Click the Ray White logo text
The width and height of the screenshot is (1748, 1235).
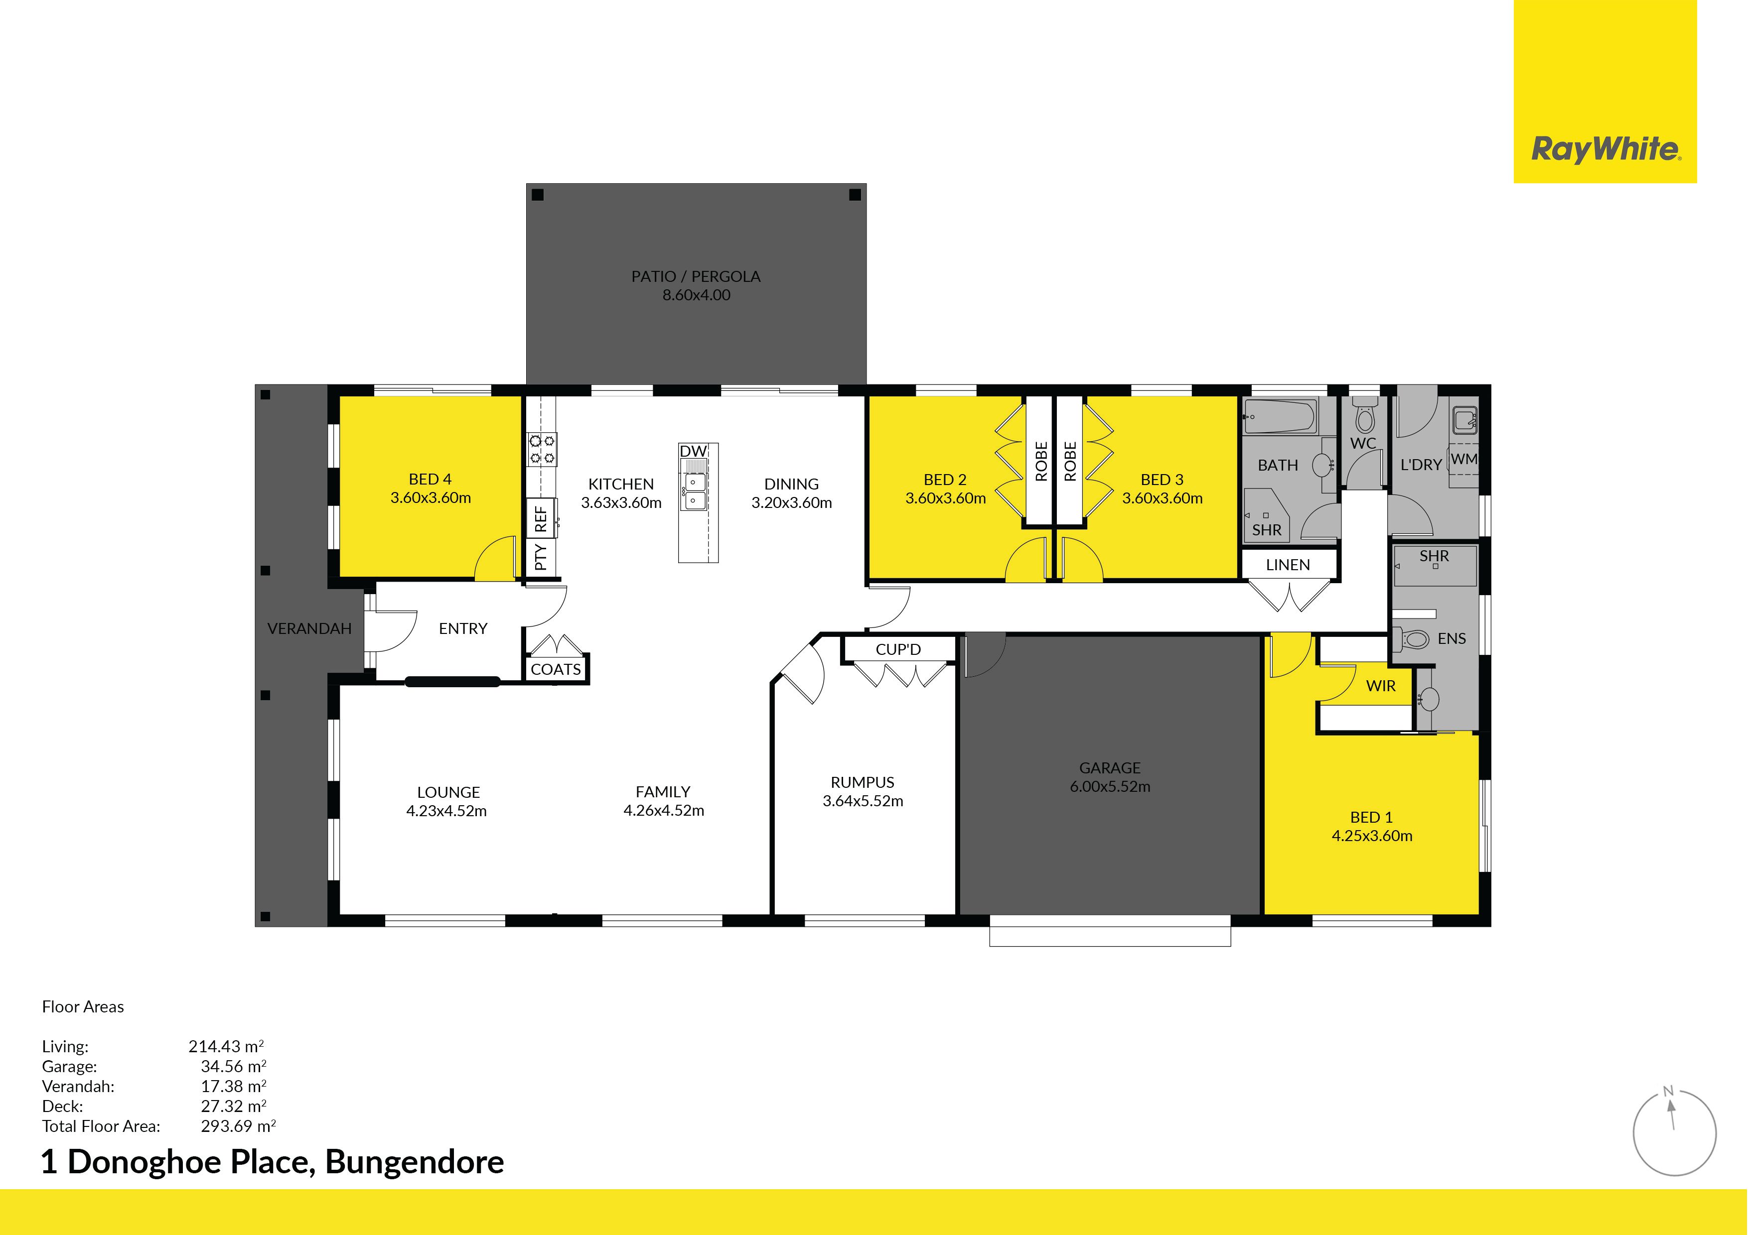[x=1605, y=149]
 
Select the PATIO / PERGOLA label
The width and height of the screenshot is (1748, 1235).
[x=696, y=276]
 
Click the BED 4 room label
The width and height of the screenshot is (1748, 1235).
[x=430, y=480]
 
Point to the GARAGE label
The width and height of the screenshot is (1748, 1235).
[x=1110, y=768]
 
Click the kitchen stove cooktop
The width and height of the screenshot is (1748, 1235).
[x=542, y=449]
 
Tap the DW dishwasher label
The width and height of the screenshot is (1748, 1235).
[x=693, y=451]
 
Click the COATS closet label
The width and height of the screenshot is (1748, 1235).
[x=556, y=670]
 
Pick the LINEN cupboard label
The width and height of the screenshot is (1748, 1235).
[x=1288, y=565]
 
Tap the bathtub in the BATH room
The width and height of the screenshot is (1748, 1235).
[x=1280, y=417]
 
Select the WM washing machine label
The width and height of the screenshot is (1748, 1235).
[x=1464, y=459]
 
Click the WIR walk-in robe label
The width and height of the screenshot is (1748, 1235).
[x=1381, y=686]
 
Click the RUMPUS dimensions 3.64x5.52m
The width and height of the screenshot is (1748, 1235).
[x=863, y=800]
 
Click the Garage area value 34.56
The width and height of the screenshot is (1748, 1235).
[x=233, y=1067]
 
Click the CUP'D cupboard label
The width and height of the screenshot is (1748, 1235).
[x=898, y=649]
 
